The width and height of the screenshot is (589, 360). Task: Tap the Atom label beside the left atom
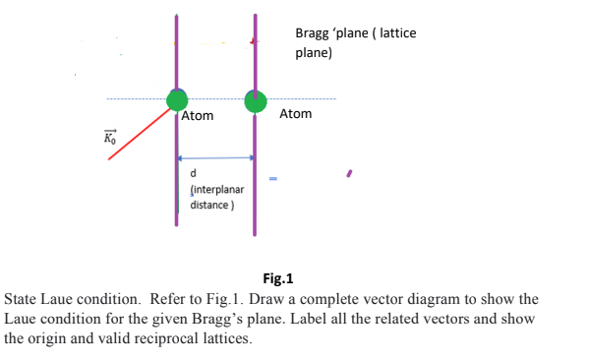pyautogui.click(x=198, y=117)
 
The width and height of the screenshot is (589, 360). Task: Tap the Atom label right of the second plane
pyautogui.click(x=295, y=114)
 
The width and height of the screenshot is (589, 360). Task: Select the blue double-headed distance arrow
pyautogui.click(x=216, y=157)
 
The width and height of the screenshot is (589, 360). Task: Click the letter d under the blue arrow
pyautogui.click(x=194, y=175)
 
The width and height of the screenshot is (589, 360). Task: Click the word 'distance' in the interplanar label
pyautogui.click(x=209, y=205)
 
